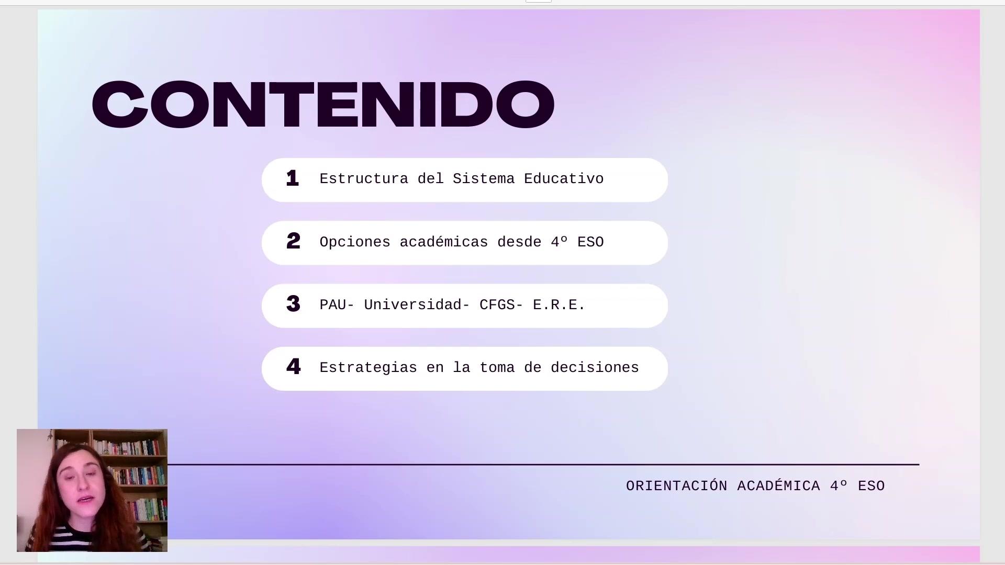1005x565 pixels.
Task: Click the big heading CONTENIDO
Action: coord(323,104)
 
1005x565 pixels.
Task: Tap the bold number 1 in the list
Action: coord(293,178)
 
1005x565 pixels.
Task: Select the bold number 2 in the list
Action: coord(293,241)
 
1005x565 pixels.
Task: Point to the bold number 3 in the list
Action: coord(293,304)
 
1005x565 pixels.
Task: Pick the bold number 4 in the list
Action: coord(293,367)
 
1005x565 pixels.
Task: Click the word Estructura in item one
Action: coord(364,179)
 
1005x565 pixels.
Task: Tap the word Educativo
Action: coord(564,179)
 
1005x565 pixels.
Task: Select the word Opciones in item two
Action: coord(355,242)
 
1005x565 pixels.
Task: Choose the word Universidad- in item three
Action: coord(417,305)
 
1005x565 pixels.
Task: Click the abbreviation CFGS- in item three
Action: coord(501,305)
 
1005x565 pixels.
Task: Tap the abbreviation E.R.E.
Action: coord(559,305)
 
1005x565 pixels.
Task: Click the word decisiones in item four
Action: coord(595,368)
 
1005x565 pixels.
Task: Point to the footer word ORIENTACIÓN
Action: coord(676,486)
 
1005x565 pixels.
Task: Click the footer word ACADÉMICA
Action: coord(778,486)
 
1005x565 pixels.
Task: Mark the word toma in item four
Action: coord(497,368)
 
